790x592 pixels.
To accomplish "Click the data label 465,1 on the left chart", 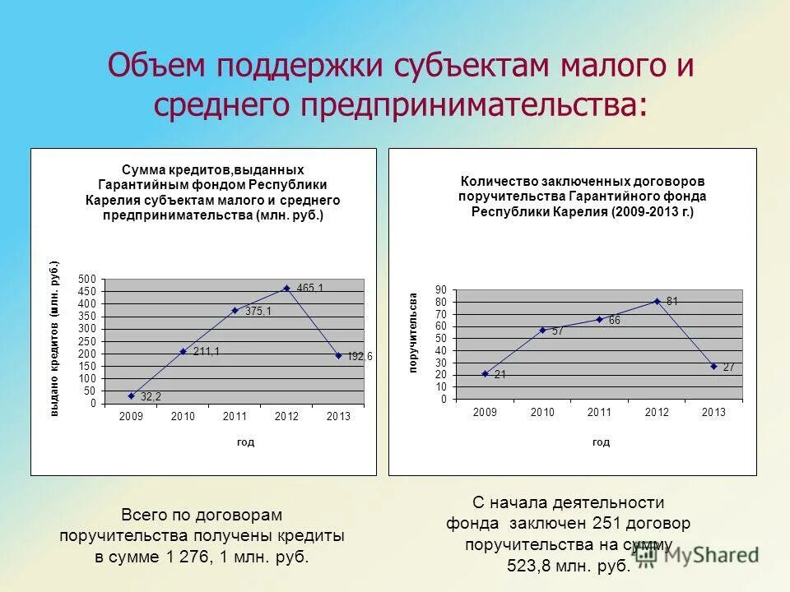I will tap(310, 288).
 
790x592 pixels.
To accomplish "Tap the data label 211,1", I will tap(207, 351).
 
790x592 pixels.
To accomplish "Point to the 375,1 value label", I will tap(258, 311).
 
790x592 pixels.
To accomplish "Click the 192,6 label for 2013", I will tap(359, 356).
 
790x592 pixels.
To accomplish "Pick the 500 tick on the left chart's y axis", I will tap(87, 280).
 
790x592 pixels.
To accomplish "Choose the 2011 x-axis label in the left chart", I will tap(235, 417).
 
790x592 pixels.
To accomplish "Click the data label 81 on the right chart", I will tap(672, 301).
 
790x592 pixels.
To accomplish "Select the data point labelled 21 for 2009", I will tap(485, 373).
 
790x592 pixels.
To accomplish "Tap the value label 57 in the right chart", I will tap(557, 331).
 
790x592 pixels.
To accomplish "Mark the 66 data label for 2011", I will tap(614, 320).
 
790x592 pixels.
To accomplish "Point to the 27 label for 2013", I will tap(728, 368).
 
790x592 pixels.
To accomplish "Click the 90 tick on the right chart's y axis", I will tap(440, 289).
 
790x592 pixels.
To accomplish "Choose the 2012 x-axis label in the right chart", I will tap(658, 412).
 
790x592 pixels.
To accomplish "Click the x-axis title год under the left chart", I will tap(245, 442).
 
